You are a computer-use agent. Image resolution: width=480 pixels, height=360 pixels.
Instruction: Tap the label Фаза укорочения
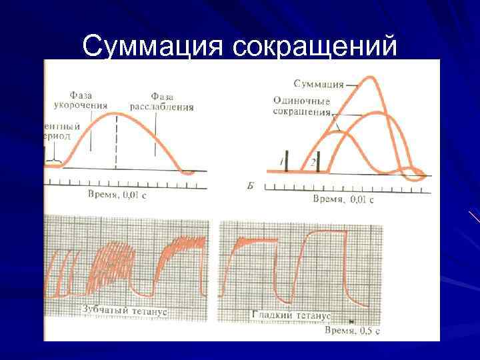(x=80, y=101)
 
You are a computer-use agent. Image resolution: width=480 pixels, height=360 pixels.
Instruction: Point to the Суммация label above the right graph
(x=318, y=84)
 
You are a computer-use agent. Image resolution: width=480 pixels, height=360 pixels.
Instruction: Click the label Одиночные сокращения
(x=302, y=106)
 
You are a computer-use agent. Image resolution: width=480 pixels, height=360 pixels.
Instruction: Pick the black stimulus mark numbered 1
(x=287, y=162)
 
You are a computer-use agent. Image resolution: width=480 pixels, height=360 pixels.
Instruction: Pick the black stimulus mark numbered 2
(x=319, y=162)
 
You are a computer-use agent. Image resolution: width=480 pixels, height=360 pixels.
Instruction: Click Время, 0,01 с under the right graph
(x=343, y=199)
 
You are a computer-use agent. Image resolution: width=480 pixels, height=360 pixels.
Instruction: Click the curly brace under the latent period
(x=53, y=161)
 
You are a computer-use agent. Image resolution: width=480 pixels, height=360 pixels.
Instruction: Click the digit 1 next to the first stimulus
(x=281, y=162)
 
